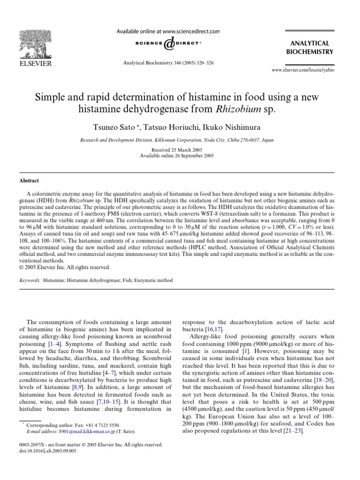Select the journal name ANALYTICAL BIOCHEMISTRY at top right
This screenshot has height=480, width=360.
[x=312, y=47]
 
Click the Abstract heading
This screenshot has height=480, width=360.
[x=29, y=180]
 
